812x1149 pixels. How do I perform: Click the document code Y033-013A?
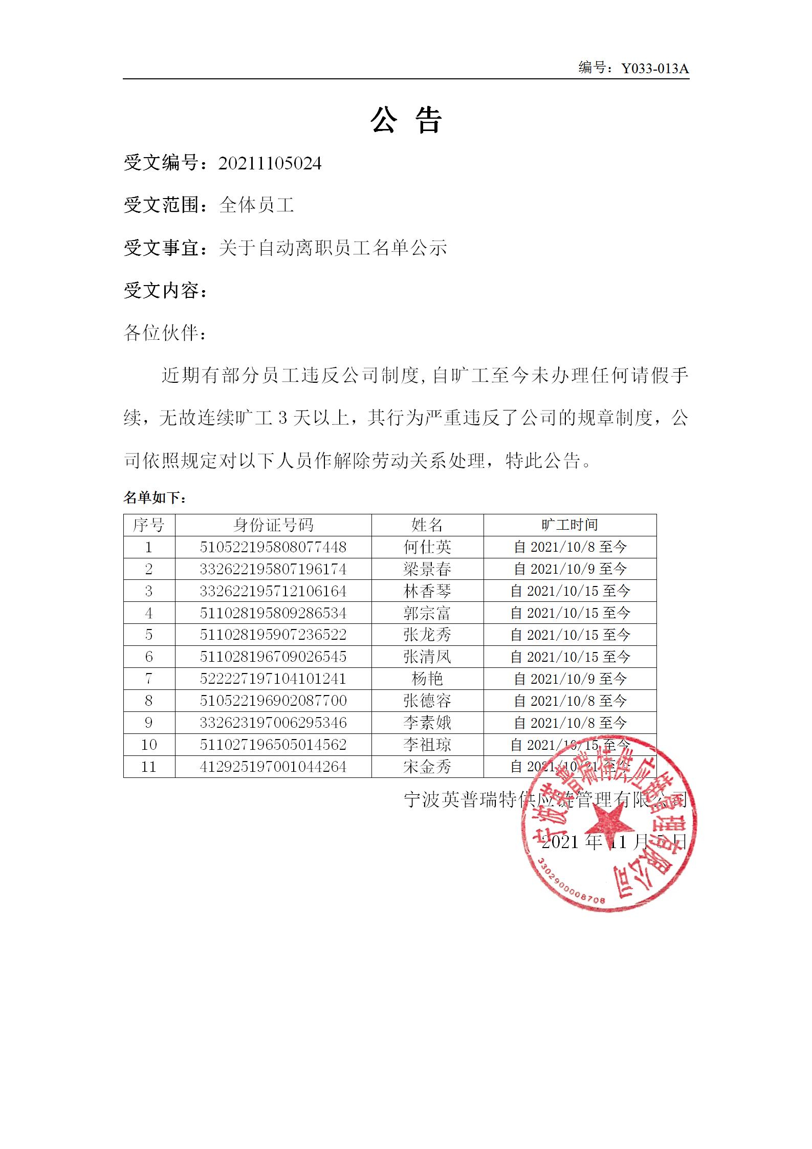(654, 69)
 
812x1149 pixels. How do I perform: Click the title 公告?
(406, 121)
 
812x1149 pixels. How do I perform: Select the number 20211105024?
(270, 164)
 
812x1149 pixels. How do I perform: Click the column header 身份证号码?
(273, 525)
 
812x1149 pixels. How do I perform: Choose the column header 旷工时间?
(569, 525)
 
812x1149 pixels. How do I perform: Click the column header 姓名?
(427, 525)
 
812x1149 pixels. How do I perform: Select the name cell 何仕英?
(427, 547)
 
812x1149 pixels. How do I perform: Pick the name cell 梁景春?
(427, 569)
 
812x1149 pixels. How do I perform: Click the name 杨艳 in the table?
(427, 679)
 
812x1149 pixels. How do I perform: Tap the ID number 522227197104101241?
(273, 679)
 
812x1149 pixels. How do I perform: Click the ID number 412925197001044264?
(273, 767)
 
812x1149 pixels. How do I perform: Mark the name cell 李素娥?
(427, 723)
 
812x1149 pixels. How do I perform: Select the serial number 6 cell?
(149, 657)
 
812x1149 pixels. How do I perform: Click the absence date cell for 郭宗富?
(570, 613)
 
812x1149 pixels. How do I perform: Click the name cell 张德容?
(427, 701)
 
